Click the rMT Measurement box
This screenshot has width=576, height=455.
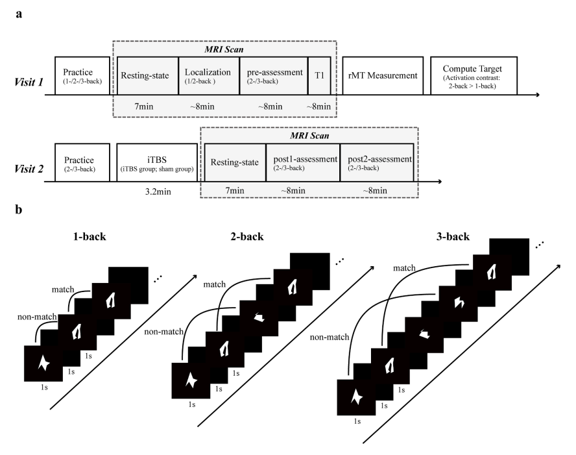(383, 76)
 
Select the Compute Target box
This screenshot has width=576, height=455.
(474, 76)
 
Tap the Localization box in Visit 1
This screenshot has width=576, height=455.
(209, 76)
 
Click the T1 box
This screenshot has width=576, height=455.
(319, 76)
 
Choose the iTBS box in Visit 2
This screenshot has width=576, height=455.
(157, 162)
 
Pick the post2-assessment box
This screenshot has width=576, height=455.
(377, 162)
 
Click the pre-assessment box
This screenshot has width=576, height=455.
(274, 76)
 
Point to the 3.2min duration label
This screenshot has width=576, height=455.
(158, 192)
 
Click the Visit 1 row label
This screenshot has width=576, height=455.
(29, 82)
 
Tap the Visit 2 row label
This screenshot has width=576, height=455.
(29, 169)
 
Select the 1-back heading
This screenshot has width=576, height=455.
(90, 236)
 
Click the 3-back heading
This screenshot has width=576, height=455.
(453, 236)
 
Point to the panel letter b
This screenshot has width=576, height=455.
(19, 210)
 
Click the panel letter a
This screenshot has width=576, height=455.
(19, 15)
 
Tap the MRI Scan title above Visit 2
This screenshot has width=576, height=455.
(309, 136)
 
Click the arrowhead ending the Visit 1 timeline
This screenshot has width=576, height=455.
(538, 95)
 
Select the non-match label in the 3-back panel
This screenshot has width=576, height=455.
(330, 337)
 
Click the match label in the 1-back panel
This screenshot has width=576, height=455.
(63, 289)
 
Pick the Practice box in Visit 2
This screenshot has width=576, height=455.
(82, 162)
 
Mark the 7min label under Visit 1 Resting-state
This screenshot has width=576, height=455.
(144, 106)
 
